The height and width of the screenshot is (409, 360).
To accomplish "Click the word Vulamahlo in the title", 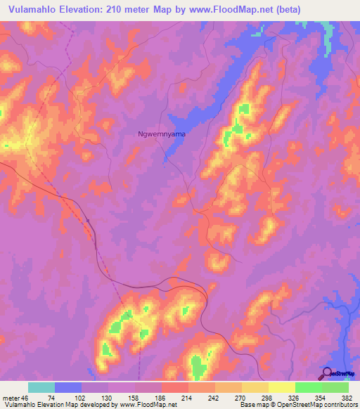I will (x=29, y=9).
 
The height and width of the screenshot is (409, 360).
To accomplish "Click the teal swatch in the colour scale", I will (x=41, y=387).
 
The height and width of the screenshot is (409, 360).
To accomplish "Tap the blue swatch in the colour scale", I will (x=67, y=387).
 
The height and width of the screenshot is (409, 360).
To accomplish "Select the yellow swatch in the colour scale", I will (x=281, y=387).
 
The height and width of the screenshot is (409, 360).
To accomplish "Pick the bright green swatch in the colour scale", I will (x=308, y=387).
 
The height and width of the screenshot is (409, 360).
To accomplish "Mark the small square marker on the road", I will (x=89, y=221).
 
